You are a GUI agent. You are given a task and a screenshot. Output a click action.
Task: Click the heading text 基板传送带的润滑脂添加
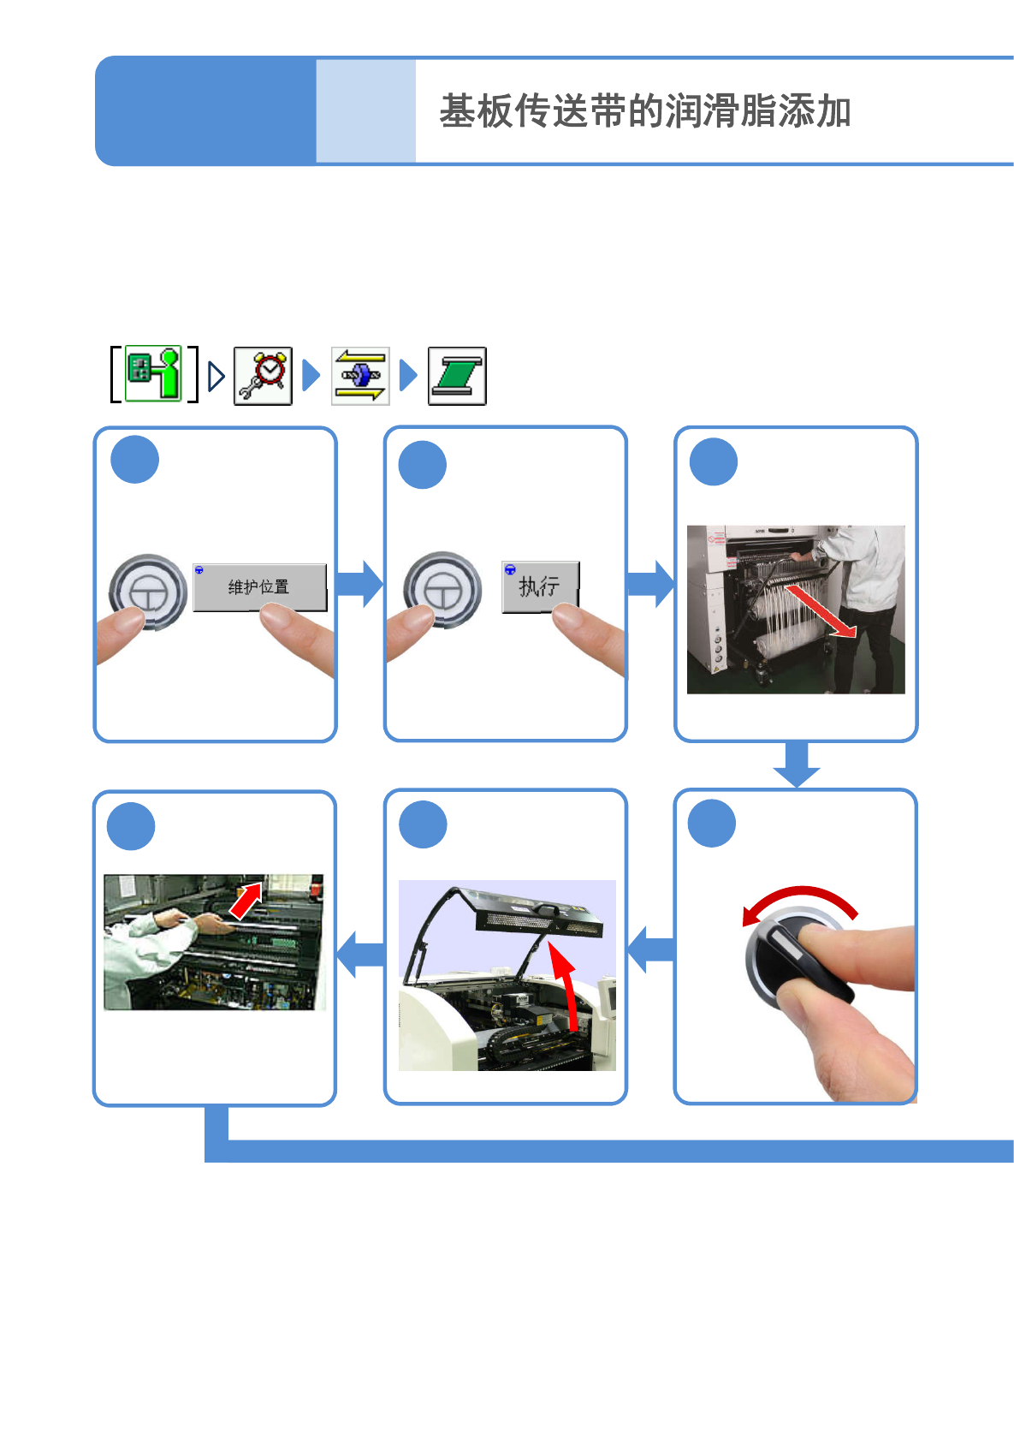(644, 111)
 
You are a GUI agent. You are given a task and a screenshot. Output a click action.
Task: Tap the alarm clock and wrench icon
(264, 376)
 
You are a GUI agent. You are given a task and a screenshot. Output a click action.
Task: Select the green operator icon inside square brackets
(154, 374)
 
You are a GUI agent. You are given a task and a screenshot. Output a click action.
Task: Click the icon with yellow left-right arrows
(360, 376)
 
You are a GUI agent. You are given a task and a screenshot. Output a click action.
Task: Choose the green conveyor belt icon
(457, 376)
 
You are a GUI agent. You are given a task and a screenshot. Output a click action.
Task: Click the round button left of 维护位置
(148, 592)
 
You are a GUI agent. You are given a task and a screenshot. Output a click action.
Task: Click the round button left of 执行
(442, 589)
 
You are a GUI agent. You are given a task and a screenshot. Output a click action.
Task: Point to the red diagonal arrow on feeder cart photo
(821, 610)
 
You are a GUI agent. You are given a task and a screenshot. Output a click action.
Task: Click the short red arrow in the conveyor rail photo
(246, 901)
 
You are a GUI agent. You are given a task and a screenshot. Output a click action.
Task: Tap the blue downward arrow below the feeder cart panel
(797, 765)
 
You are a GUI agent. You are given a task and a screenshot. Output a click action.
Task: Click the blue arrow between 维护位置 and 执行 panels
(359, 584)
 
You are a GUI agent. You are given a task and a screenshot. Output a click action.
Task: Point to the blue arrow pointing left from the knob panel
(651, 949)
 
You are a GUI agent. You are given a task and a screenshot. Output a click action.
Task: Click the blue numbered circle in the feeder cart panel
(713, 462)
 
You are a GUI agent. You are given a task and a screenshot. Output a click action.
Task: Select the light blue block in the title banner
(365, 111)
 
